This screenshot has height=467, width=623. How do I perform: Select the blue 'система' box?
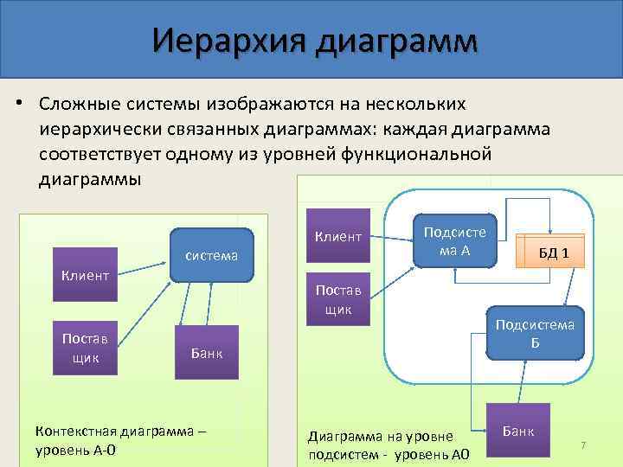(x=212, y=255)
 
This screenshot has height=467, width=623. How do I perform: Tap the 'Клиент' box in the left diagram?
(x=85, y=275)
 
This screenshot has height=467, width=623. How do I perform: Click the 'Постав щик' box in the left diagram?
(x=85, y=345)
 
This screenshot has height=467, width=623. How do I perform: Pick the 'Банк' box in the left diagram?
(x=206, y=352)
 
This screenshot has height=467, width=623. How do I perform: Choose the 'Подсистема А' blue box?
(x=454, y=240)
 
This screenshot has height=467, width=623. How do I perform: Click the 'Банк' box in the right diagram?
(x=517, y=429)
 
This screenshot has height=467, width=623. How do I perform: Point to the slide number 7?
(x=583, y=445)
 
